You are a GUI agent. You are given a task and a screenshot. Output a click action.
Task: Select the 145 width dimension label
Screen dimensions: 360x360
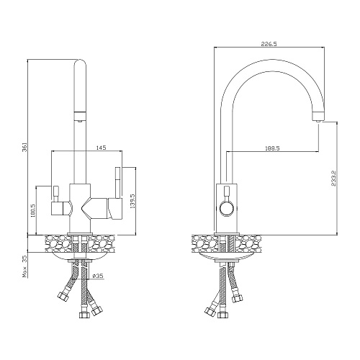click(x=101, y=148)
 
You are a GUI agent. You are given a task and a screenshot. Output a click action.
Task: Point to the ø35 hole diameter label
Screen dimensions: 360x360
click(x=98, y=276)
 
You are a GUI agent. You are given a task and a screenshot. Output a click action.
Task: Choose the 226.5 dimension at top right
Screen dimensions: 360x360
click(x=269, y=44)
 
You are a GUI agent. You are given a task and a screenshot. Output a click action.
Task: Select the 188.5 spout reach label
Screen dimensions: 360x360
click(x=272, y=148)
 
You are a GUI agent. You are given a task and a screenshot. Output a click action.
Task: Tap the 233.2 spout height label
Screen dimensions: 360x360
click(x=334, y=179)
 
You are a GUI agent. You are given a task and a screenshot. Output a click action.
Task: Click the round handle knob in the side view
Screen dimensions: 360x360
click(x=226, y=208)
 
